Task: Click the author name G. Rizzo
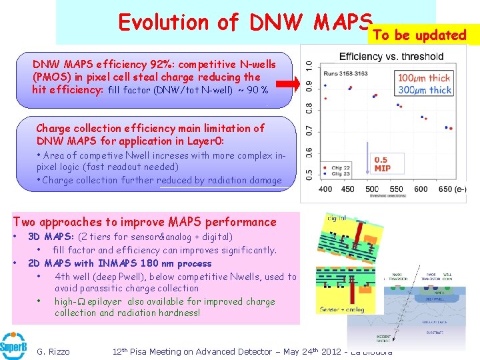pos(53,351)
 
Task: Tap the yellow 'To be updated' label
pos(419,35)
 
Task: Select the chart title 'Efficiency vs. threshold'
pos(391,56)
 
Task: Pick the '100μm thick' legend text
pos(424,78)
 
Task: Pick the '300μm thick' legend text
pos(424,90)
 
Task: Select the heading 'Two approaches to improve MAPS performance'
pos(145,222)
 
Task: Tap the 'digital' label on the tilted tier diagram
pos(337,217)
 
